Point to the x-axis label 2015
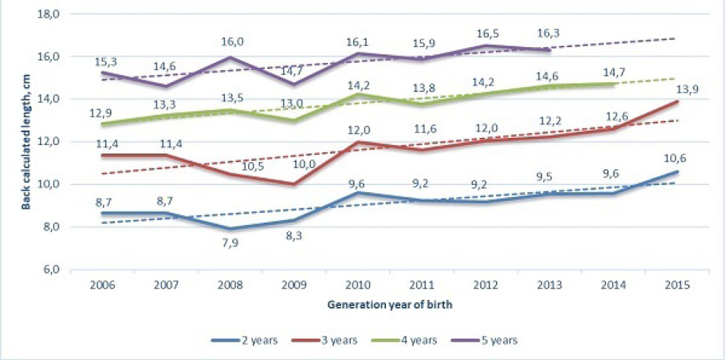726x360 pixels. click(x=676, y=285)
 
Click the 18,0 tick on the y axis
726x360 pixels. click(x=50, y=14)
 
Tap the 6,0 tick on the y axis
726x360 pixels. click(x=51, y=270)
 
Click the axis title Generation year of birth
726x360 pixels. click(x=390, y=305)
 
